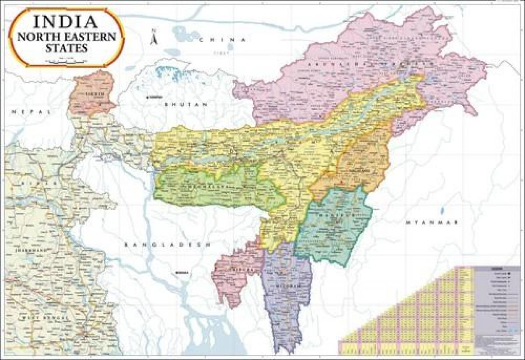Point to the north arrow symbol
(x=153, y=38)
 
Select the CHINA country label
(x=222, y=40)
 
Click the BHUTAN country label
(x=185, y=105)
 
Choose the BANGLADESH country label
(x=167, y=245)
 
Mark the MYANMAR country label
(x=431, y=223)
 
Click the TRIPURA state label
(x=238, y=270)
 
